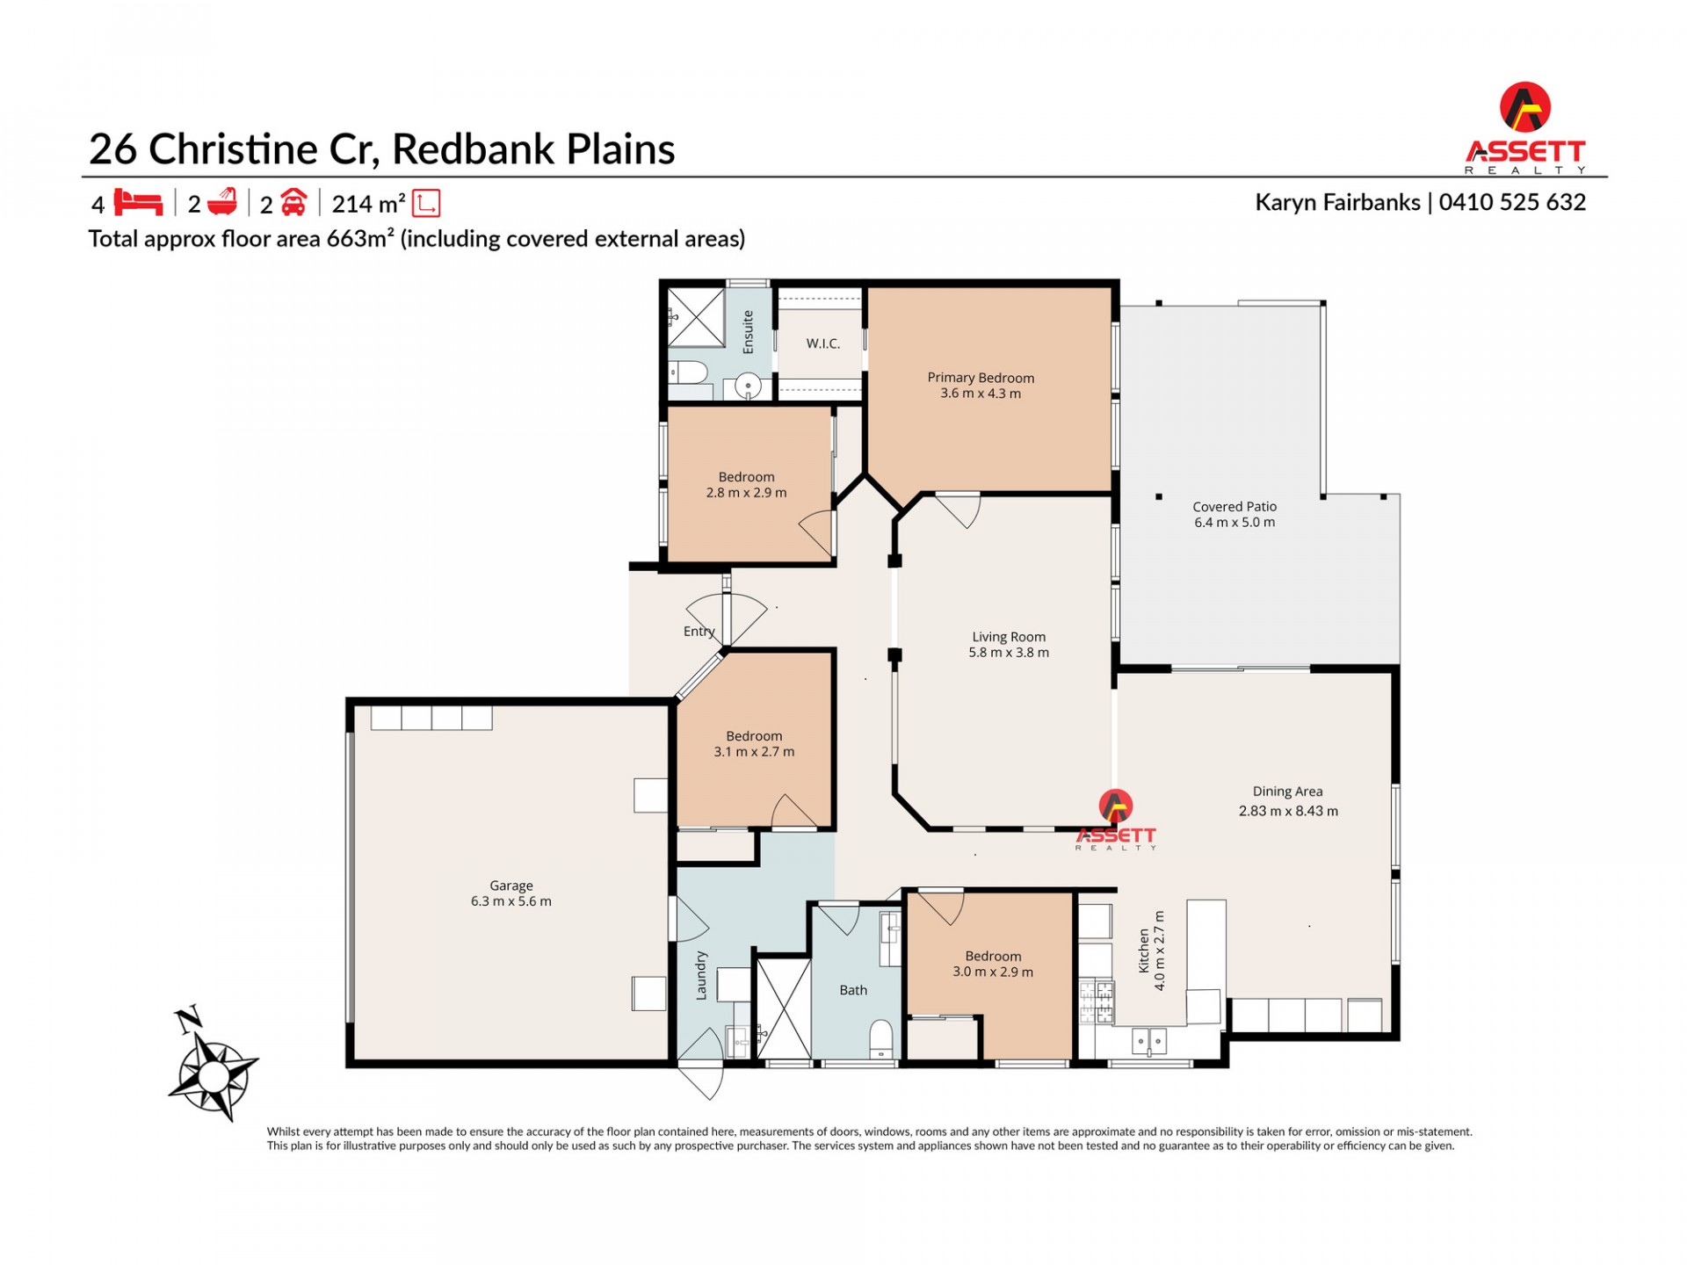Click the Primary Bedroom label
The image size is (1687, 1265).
(x=981, y=378)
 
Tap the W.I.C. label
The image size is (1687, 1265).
(x=823, y=343)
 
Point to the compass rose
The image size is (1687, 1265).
(x=213, y=1072)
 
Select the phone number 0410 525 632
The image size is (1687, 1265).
(x=1512, y=202)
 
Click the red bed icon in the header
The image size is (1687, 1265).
(x=138, y=203)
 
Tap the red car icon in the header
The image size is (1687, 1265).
(x=293, y=203)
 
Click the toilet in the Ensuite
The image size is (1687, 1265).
(x=688, y=372)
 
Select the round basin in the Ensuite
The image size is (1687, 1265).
(x=748, y=385)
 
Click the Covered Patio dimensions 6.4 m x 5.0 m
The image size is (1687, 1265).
(x=1234, y=523)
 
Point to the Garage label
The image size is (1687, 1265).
(x=511, y=885)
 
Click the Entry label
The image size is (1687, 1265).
(x=699, y=632)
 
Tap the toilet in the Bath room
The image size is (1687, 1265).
(x=880, y=1038)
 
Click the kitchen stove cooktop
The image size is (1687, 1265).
(x=1096, y=1002)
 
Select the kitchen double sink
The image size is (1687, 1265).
(x=1148, y=1042)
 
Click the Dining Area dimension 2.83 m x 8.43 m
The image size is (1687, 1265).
(x=1288, y=811)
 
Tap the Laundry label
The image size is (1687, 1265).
(x=701, y=975)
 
